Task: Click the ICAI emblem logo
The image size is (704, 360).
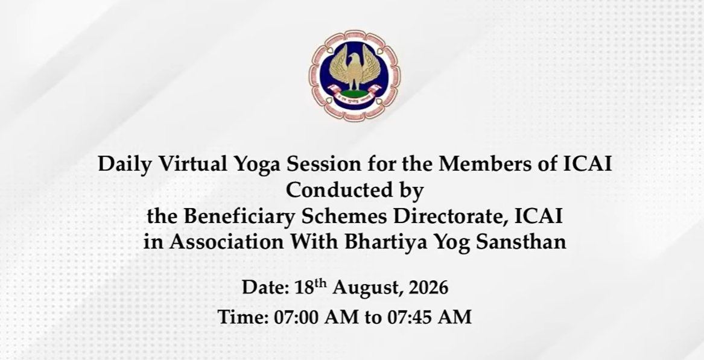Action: pos(355,75)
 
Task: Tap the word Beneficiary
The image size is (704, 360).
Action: pos(239,217)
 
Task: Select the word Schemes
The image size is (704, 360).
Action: pos(345,216)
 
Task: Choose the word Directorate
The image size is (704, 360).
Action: pos(452,216)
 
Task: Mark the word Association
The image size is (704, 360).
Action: pos(226,242)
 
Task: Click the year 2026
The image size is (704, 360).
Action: pos(428,287)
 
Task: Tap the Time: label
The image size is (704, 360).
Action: pos(243,317)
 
